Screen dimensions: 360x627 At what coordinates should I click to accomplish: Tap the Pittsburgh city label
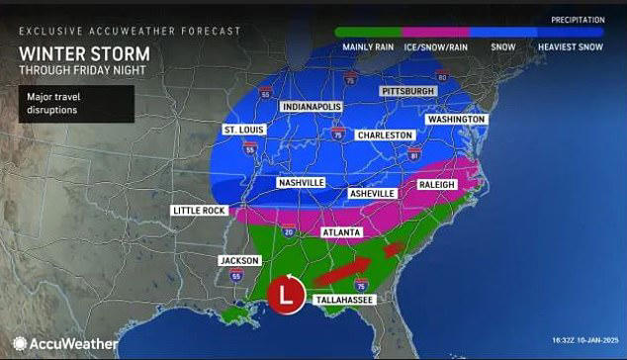pyautogui.click(x=407, y=91)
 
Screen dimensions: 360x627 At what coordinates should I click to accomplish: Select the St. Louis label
pyautogui.click(x=242, y=129)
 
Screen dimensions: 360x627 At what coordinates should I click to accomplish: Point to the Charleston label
pyautogui.click(x=387, y=135)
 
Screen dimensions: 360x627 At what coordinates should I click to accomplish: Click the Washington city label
pyautogui.click(x=456, y=120)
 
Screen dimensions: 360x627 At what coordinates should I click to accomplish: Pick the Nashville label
pyautogui.click(x=300, y=183)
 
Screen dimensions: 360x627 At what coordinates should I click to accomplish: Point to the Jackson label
pyautogui.click(x=238, y=260)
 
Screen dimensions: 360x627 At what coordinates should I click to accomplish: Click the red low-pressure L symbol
pyautogui.click(x=287, y=295)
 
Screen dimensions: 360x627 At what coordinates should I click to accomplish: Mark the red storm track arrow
pyautogui.click(x=352, y=265)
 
